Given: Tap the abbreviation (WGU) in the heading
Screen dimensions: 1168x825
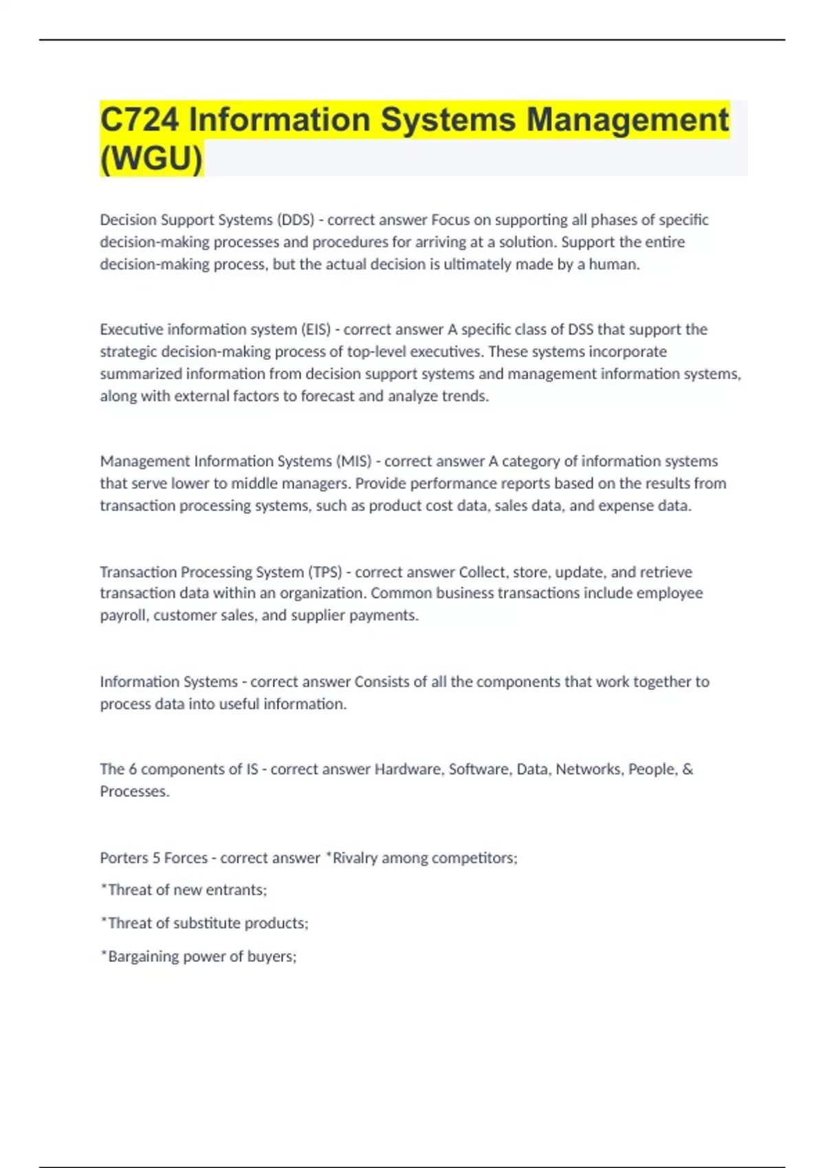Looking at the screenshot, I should coord(151,159).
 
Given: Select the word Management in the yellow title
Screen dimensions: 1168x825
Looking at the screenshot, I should coord(627,120).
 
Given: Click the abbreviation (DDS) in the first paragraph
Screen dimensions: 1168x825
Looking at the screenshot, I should coord(295,220).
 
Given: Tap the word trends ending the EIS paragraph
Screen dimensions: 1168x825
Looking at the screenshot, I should coord(467,396).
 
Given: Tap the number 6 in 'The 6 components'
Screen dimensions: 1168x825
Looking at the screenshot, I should coord(133,770).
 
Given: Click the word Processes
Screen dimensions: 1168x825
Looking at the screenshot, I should coord(133,791).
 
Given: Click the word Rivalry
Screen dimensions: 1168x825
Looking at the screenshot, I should coord(355,858).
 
